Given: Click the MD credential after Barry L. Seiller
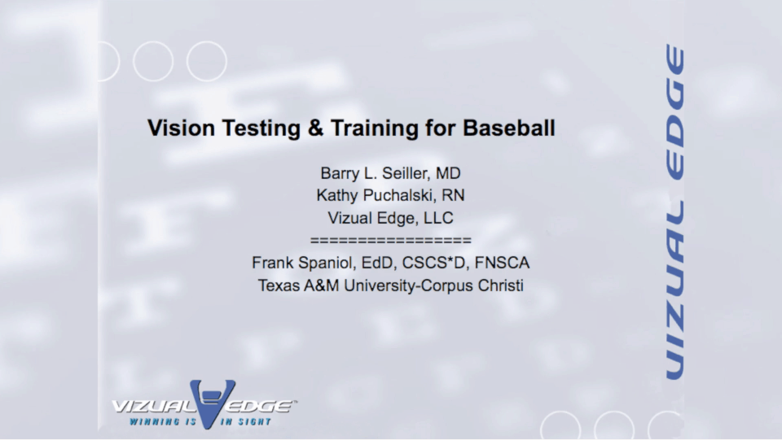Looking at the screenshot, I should [x=449, y=173].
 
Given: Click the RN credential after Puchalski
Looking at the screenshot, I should [x=453, y=196].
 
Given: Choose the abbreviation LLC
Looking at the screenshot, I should [x=437, y=218].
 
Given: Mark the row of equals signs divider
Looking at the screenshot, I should [x=391, y=241].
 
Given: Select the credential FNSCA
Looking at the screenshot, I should [x=501, y=264].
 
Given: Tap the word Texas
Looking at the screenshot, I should [x=279, y=286].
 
